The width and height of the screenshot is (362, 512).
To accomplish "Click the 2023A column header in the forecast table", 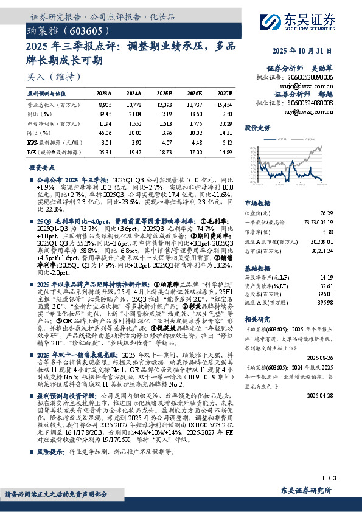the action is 105,93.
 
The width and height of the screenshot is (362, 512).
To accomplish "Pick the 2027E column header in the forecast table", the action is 225,93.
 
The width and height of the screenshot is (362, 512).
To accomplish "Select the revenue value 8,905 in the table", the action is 105,105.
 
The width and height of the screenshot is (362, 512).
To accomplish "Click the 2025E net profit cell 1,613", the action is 165,123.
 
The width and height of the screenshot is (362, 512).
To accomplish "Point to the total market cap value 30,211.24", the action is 322,250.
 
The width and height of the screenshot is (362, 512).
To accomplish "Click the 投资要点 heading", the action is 43,167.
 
